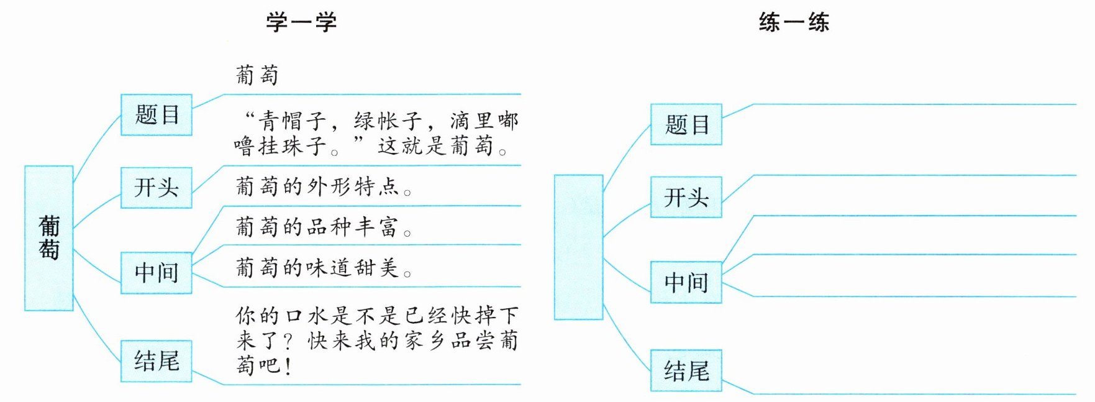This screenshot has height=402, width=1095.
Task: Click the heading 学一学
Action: (301, 22)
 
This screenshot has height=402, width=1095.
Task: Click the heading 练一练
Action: (794, 22)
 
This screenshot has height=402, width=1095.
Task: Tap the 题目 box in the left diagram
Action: (157, 115)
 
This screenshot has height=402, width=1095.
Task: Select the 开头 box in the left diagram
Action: (157, 188)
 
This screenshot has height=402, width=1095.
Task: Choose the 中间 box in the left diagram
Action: (157, 273)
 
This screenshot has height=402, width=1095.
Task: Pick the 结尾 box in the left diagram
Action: (157, 361)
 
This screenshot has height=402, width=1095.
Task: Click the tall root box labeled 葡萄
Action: (49, 238)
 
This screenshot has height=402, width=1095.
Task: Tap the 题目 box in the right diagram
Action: (686, 125)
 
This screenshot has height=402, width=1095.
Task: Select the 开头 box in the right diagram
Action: (686, 198)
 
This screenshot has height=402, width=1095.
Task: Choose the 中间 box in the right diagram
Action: (686, 283)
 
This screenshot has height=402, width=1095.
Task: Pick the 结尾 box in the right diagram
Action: (686, 371)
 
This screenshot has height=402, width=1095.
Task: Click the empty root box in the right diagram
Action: (578, 247)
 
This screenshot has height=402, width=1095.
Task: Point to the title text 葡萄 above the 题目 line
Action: (257, 75)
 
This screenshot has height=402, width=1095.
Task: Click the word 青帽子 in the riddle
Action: (293, 121)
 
